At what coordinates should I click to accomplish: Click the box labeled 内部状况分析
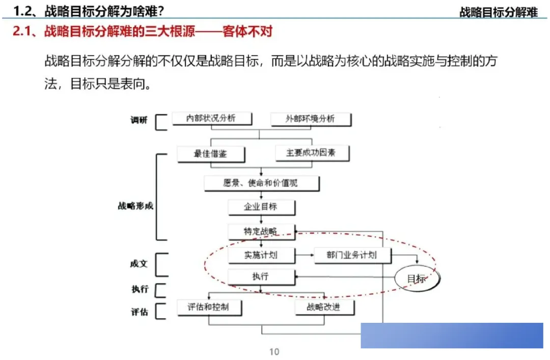coord(210,119)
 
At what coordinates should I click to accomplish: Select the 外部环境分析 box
coord(310,119)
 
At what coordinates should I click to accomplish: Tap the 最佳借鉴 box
coord(210,153)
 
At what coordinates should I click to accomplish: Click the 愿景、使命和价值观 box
coord(261,183)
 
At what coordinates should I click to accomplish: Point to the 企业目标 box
coord(260,207)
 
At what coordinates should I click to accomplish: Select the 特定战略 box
coord(260,231)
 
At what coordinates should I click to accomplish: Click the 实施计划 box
coord(260,255)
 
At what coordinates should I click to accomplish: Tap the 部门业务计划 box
coord(351,255)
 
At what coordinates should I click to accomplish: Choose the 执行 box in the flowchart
coord(260,276)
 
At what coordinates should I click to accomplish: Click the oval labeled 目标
coord(416,279)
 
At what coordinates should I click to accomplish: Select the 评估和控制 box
coord(208,307)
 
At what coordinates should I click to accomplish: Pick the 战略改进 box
coord(324,307)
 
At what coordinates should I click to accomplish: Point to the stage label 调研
coord(139,121)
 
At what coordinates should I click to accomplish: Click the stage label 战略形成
coord(135,206)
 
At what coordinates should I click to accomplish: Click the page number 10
coord(274,351)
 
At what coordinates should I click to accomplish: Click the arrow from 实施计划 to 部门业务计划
coord(304,255)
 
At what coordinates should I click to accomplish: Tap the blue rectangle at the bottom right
coord(452,336)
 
